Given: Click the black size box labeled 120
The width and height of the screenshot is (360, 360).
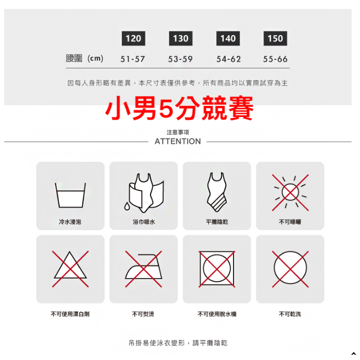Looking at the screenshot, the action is pyautogui.click(x=133, y=38).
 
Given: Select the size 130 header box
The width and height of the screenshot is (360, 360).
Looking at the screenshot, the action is pyautogui.click(x=181, y=38).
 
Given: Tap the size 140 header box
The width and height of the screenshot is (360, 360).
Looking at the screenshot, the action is pyautogui.click(x=228, y=38).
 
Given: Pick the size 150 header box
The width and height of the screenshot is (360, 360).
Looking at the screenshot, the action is pyautogui.click(x=276, y=38).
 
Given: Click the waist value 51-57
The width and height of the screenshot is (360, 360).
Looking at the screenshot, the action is pyautogui.click(x=133, y=59).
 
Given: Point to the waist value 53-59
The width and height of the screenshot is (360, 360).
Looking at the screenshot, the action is pyautogui.click(x=180, y=59).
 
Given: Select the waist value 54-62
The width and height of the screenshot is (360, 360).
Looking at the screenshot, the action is pyautogui.click(x=228, y=59).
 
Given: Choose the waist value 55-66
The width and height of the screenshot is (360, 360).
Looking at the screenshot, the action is pyautogui.click(x=276, y=59).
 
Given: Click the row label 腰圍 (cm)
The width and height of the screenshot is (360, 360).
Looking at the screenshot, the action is pyautogui.click(x=84, y=58).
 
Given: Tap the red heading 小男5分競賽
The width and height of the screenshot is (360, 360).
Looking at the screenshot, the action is pyautogui.click(x=179, y=108).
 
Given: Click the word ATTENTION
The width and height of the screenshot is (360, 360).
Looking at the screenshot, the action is pyautogui.click(x=178, y=142).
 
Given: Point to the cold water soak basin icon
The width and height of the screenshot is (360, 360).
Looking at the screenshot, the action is pyautogui.click(x=70, y=195).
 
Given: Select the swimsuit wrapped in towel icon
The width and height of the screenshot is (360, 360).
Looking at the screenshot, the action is pyautogui.click(x=144, y=193).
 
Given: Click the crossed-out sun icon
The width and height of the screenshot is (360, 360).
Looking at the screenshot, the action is pyautogui.click(x=290, y=193).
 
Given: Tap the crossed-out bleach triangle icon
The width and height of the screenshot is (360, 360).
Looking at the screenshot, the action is pyautogui.click(x=70, y=269).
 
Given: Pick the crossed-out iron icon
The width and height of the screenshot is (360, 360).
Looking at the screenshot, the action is pyautogui.click(x=143, y=269).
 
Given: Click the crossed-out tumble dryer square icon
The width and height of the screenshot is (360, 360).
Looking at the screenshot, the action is pyautogui.click(x=217, y=269).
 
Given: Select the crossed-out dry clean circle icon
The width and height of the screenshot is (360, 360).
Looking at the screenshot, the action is pyautogui.click(x=290, y=269).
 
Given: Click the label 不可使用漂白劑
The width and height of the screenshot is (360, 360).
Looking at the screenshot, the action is pyautogui.click(x=70, y=314).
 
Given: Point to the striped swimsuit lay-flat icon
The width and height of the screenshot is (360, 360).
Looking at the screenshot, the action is pyautogui.click(x=217, y=192).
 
